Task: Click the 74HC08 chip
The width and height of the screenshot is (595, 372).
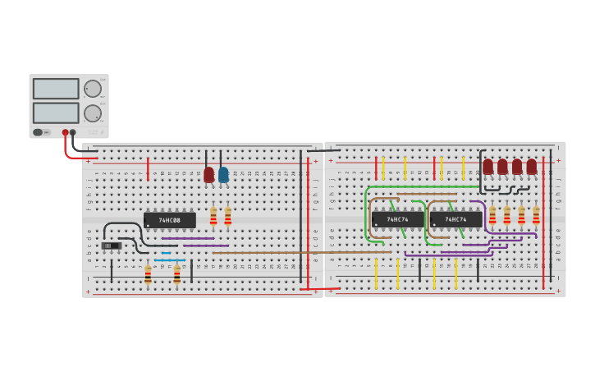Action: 169,220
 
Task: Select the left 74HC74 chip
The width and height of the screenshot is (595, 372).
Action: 398,219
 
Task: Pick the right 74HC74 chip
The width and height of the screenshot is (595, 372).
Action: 455,219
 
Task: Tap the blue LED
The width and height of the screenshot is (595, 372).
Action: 223,175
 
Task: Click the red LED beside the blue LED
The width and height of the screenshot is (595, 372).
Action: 209,175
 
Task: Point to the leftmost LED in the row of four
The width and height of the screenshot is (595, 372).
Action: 487,167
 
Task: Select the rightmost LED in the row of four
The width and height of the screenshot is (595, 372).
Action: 532,167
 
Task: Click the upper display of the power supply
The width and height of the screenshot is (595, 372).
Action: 56,89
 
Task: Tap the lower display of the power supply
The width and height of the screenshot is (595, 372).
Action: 56,113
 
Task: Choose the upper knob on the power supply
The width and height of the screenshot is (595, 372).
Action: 93,89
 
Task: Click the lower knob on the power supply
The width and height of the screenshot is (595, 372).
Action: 93,113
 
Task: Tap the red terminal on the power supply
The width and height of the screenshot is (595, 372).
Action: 65,132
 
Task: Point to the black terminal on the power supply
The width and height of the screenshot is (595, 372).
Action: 73,132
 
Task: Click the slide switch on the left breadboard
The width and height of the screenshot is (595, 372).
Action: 111,246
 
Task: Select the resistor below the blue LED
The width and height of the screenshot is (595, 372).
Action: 227,217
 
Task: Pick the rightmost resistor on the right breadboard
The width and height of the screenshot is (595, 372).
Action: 536,215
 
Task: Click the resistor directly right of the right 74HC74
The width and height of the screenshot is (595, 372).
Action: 492,215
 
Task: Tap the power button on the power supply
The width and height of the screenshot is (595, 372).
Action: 38,132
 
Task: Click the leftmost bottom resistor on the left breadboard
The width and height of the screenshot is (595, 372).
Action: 148,274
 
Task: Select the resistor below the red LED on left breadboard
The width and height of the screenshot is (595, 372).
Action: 213,217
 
